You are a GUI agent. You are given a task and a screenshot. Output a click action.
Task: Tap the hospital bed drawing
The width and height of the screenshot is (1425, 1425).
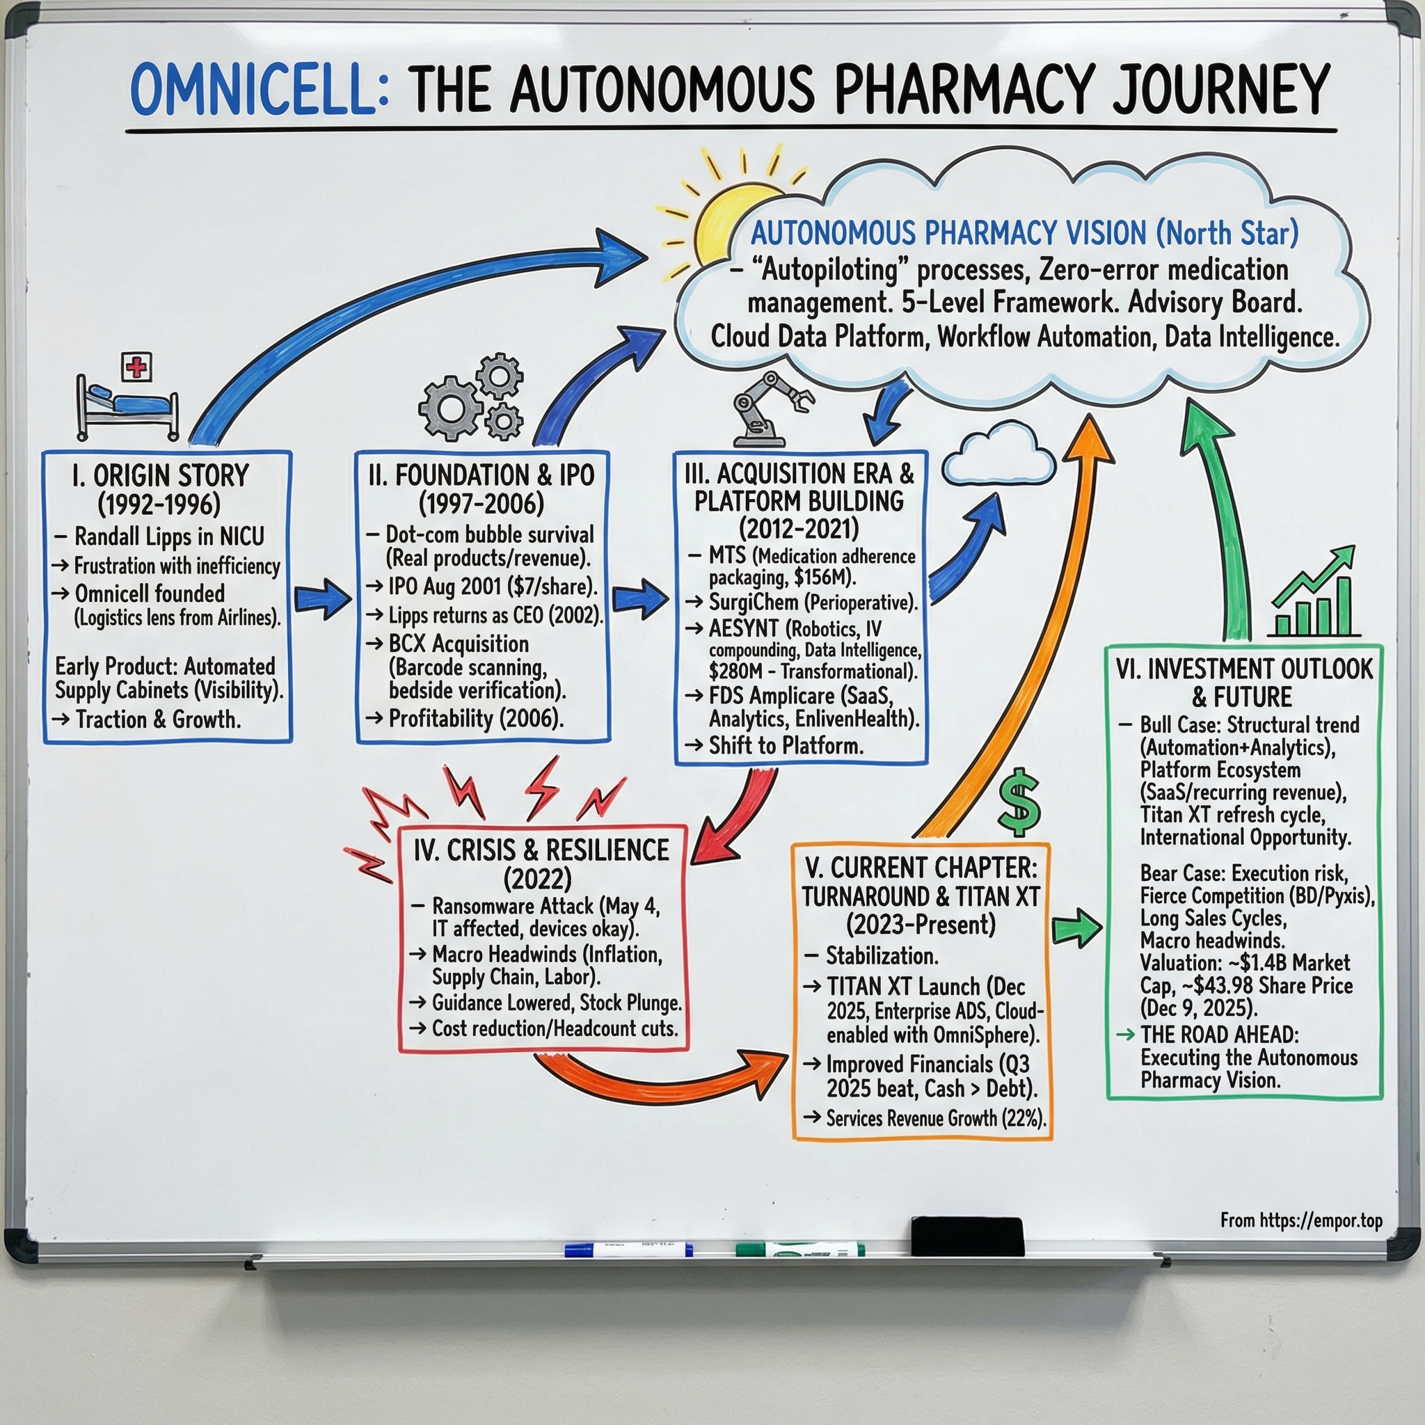click(x=127, y=410)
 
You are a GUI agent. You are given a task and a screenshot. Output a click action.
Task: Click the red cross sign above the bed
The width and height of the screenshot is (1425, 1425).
click(x=136, y=366)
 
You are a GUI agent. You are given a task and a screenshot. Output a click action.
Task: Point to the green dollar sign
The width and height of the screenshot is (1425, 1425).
click(x=1019, y=802)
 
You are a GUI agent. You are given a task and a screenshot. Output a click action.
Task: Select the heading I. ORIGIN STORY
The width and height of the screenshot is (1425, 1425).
click(x=161, y=476)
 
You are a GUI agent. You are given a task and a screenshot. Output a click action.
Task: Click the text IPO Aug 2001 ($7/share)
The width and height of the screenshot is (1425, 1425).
click(x=492, y=587)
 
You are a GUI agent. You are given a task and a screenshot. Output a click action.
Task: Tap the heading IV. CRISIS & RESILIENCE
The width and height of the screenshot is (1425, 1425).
click(x=541, y=850)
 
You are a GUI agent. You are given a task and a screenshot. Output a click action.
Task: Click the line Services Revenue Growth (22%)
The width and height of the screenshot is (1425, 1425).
click(x=935, y=1118)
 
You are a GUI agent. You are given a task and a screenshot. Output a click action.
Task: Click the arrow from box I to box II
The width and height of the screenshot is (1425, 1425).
click(x=322, y=599)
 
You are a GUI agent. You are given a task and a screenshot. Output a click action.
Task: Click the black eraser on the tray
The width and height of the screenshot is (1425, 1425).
click(x=967, y=1236)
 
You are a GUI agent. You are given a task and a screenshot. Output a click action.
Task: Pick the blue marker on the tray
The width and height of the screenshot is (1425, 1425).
click(x=628, y=1250)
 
